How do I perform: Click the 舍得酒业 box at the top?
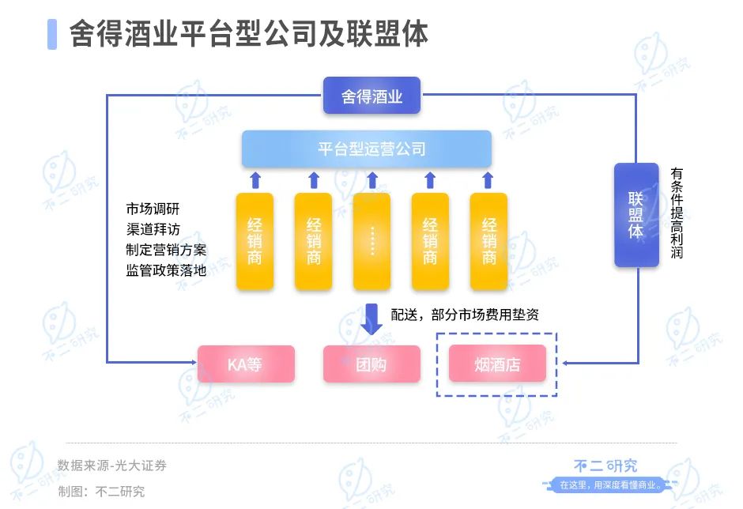point(371,96)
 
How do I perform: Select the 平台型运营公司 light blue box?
point(366,149)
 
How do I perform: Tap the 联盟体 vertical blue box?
point(636,215)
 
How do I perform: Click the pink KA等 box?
point(246,364)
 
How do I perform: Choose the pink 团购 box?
point(371,364)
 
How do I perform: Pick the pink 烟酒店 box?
point(497,364)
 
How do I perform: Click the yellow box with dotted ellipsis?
point(372,241)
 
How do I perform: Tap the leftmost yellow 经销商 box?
point(255,241)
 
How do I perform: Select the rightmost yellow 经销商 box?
point(488,241)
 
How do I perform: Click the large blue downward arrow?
point(371,319)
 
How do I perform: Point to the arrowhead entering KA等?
point(194,363)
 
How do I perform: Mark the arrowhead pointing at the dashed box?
point(565,363)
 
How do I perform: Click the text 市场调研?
point(153,209)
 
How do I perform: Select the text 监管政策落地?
point(166,270)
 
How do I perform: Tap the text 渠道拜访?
point(153,229)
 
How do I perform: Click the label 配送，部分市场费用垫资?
point(465,315)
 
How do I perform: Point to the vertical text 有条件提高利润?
point(677,213)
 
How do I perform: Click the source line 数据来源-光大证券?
point(111,466)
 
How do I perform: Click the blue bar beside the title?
point(52,34)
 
